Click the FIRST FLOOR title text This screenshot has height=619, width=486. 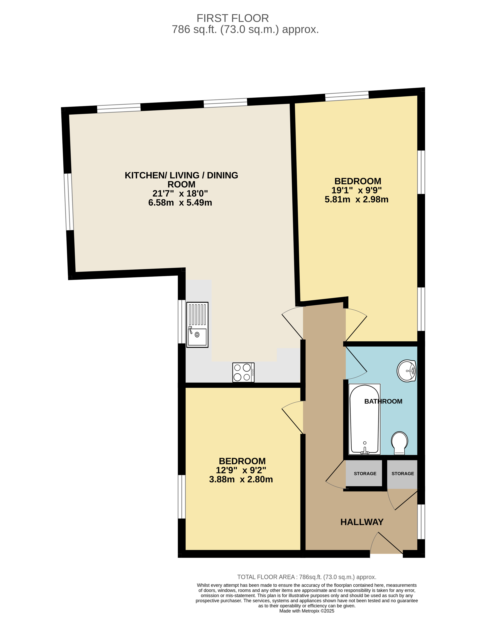click(233, 18)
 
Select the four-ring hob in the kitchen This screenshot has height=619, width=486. click(243, 372)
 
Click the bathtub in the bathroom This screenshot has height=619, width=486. click(364, 419)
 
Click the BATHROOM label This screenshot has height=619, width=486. click(383, 401)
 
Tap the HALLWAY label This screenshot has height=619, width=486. click(362, 522)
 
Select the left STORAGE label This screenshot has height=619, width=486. click(365, 474)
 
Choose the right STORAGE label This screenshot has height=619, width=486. click(403, 474)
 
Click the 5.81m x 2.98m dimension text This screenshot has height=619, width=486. click(357, 199)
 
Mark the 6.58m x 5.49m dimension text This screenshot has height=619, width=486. click(180, 202)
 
